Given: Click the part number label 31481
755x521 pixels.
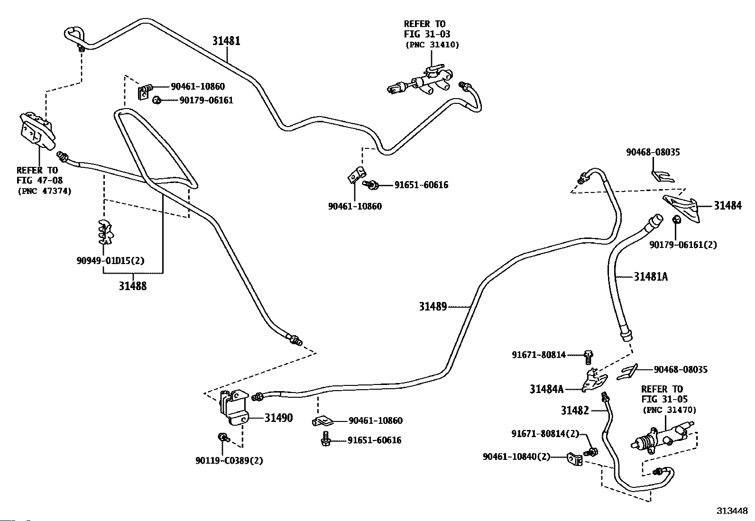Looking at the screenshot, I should (226, 41).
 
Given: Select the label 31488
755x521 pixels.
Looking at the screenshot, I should (133, 286).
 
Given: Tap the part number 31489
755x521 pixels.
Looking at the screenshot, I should (433, 307).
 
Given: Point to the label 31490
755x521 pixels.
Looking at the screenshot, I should (278, 418).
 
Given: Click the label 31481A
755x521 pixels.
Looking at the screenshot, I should (651, 276).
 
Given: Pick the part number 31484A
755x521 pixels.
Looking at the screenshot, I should (546, 389).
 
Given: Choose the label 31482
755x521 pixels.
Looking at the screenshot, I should (575, 411).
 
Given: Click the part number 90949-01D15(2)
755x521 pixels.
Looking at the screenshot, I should (110, 261).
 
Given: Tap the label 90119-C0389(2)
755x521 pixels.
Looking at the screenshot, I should (229, 460).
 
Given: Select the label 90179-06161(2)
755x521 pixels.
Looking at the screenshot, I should (683, 245).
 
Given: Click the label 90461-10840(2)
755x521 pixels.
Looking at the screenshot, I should (516, 457).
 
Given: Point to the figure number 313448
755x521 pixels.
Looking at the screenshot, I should (732, 511).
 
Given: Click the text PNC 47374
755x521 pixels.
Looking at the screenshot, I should (44, 191).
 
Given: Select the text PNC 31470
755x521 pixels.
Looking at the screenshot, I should (669, 410).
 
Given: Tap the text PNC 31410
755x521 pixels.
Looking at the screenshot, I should (432, 45).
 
